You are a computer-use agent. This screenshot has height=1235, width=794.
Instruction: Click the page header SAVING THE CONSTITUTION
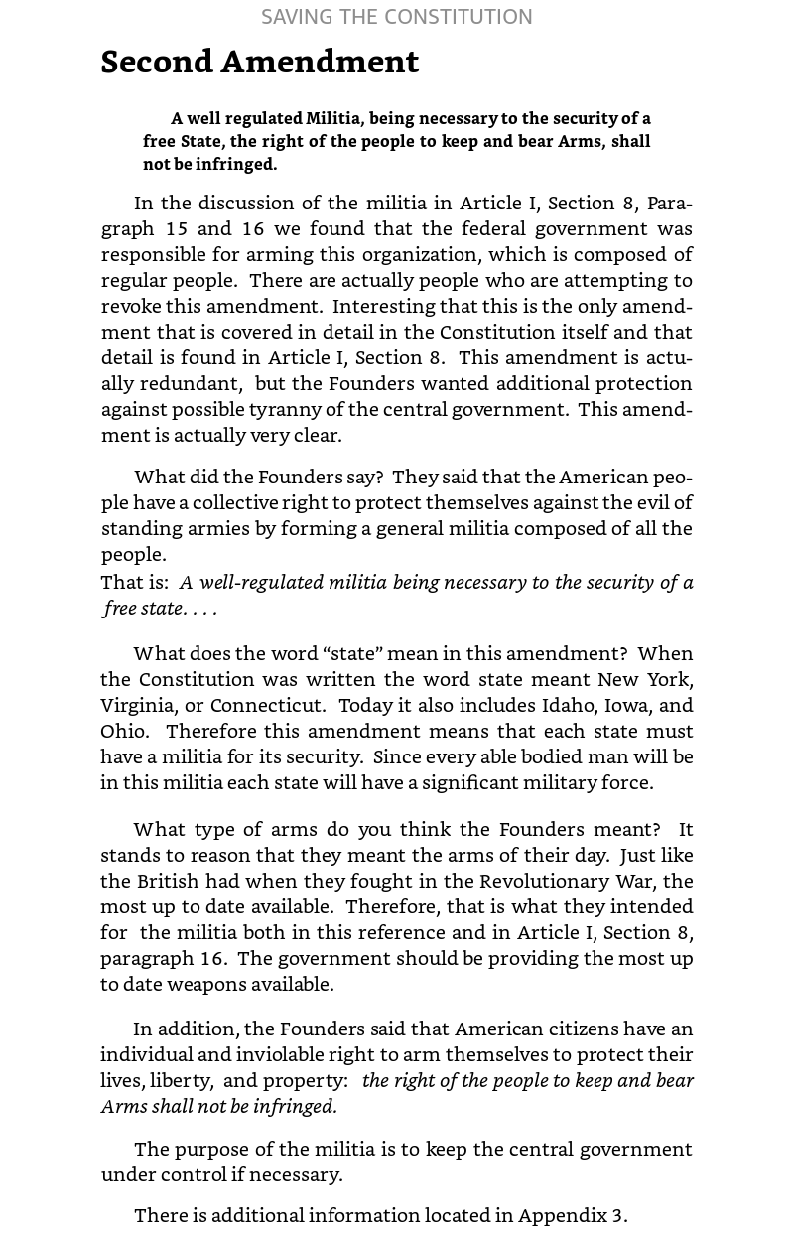point(397,17)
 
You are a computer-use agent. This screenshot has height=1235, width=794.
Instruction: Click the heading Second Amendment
point(260,63)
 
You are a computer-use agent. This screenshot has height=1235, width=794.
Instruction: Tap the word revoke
point(131,306)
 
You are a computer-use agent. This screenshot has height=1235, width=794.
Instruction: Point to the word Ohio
point(122,731)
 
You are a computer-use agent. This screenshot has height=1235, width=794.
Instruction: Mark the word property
point(303,1080)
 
